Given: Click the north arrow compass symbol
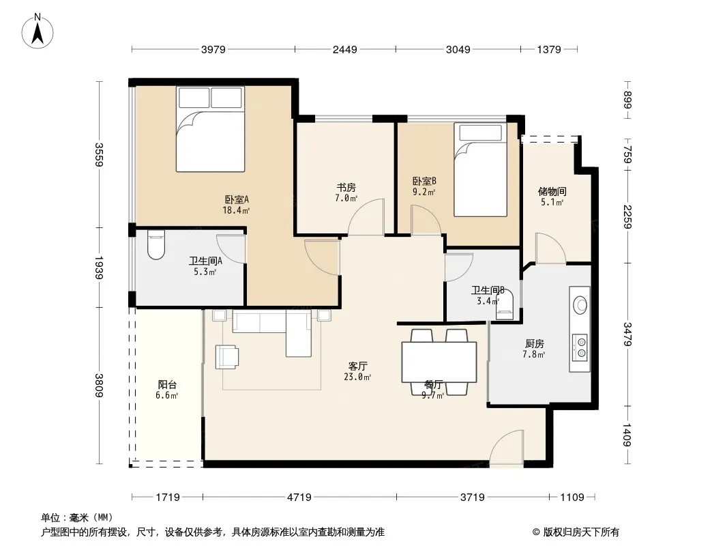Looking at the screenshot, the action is click(x=38, y=31).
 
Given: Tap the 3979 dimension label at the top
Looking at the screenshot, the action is click(x=213, y=49).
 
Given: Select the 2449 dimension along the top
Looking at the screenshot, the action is click(x=345, y=49).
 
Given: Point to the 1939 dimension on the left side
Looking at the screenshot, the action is click(x=98, y=268).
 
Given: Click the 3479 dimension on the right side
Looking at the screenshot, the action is click(x=627, y=334).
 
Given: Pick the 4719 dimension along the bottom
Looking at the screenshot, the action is click(x=299, y=498).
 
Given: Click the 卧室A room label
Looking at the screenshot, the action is click(x=237, y=199).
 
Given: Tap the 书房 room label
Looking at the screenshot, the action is click(x=346, y=188).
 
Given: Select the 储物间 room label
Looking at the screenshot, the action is click(x=552, y=191).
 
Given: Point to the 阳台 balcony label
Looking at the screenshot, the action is click(x=167, y=384).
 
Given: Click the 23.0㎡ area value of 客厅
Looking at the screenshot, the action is click(x=357, y=377).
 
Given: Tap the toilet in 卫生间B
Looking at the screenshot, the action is click(x=505, y=304).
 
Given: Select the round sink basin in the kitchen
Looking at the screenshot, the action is click(x=580, y=305).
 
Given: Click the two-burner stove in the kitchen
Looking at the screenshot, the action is click(x=580, y=347).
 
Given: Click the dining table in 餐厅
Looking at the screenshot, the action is click(x=439, y=362).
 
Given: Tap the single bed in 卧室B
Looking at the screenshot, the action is click(x=480, y=170).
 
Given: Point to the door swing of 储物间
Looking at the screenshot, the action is click(x=550, y=248).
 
